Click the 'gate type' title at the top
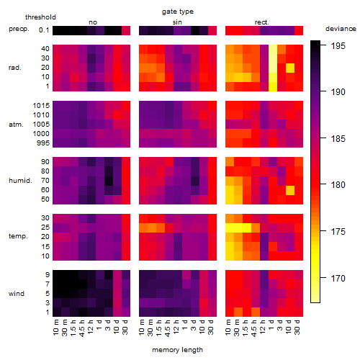(178, 12)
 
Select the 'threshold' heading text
(40, 17)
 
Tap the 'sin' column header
(177, 22)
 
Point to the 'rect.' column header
(262, 22)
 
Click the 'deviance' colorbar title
(341, 29)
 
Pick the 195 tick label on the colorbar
(338, 45)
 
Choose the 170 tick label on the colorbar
(338, 279)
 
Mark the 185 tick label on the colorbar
(338, 138)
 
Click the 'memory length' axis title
(177, 350)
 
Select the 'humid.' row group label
(20, 181)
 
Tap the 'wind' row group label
(17, 294)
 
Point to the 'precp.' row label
(19, 29)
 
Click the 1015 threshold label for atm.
(41, 106)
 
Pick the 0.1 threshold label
(44, 30)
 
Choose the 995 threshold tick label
(43, 143)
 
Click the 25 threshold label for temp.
(45, 227)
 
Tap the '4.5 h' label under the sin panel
(168, 328)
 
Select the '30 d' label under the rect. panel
(297, 327)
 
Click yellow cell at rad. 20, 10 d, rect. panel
(290, 68)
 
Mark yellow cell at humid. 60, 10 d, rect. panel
(290, 190)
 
